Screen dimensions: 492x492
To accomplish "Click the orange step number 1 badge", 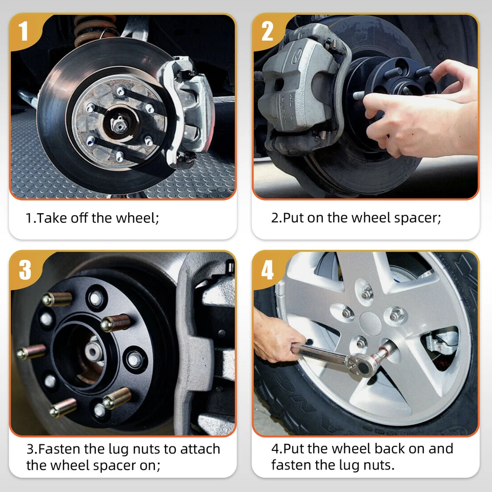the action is click(24, 31).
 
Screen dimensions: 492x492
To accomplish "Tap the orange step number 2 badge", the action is click(267, 31).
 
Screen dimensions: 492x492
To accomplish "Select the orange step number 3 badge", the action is click(25, 270).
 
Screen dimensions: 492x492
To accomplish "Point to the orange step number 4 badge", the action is click(268, 270).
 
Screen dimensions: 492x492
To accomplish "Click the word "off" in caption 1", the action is click(79, 218).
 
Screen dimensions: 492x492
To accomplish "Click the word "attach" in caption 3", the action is click(200, 449).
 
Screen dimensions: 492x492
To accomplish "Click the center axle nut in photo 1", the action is click(119, 126).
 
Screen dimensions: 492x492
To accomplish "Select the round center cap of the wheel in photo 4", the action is click(370, 323).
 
